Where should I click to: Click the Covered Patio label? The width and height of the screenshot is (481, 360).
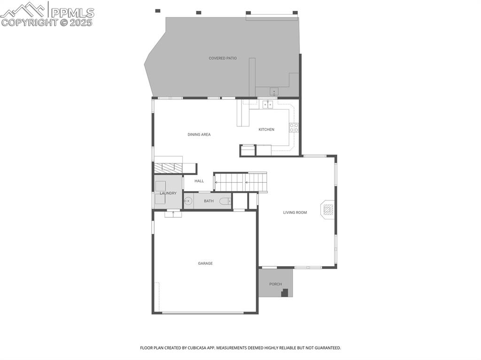[x=223, y=58]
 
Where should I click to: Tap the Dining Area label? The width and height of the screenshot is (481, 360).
[x=199, y=135]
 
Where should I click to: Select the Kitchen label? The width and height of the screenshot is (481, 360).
[x=266, y=130]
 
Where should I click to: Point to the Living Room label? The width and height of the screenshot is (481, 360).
[x=295, y=213]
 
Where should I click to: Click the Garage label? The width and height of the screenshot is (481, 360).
[x=205, y=264]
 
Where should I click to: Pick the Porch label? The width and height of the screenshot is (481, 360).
[x=275, y=284]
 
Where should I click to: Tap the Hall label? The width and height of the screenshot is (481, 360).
[x=199, y=181]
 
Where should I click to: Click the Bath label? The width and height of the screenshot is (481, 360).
[x=209, y=201]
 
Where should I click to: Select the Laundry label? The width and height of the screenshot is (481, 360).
[x=168, y=193]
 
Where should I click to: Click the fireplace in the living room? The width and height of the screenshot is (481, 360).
[x=328, y=209]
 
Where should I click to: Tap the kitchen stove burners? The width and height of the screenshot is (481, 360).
[x=294, y=128]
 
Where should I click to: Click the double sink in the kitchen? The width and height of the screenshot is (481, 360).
[x=268, y=104]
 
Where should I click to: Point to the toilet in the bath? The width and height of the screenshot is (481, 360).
[x=225, y=201]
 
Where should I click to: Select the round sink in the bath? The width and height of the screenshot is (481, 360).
[x=188, y=201]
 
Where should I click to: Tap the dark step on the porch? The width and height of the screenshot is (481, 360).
[x=285, y=293]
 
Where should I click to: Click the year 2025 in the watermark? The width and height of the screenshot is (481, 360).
[x=81, y=22]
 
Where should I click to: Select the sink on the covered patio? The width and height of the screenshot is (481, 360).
[x=274, y=92]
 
